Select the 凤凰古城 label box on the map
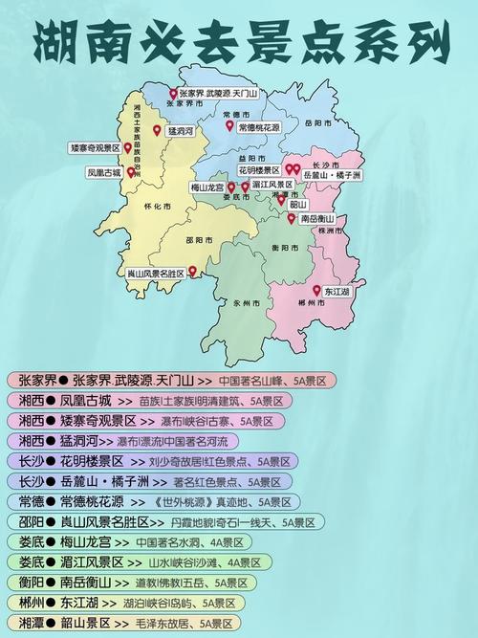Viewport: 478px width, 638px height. point(104,174)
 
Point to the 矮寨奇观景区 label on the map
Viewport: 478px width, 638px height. point(96,148)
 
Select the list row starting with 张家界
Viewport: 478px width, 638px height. point(171,380)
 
